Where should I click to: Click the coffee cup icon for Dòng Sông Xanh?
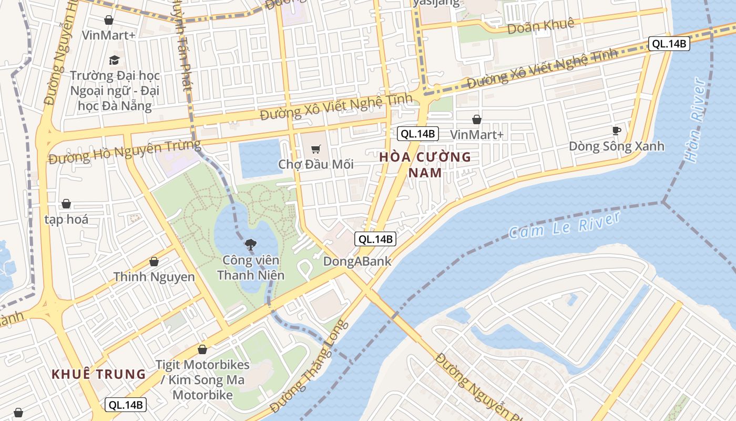click(617, 131)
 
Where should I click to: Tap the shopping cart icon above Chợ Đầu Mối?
click(315, 149)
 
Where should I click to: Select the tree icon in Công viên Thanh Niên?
click(251, 244)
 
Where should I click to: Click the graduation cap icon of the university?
click(114, 60)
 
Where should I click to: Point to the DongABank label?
click(357, 261)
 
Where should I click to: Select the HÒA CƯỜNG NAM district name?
click(425, 165)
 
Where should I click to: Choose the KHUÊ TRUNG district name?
click(98, 374)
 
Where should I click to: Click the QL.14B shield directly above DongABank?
click(375, 239)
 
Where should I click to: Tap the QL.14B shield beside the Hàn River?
click(669, 44)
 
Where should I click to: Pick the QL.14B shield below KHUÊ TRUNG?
click(126, 405)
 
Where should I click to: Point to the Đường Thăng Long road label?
click(309, 366)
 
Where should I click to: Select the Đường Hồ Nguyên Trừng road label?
click(124, 152)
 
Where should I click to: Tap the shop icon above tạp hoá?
click(66, 204)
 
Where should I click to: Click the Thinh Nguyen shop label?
click(154, 276)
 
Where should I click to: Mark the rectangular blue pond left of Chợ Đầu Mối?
click(260, 158)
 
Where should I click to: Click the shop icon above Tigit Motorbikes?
click(202, 349)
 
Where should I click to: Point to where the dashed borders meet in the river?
click(663, 202)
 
